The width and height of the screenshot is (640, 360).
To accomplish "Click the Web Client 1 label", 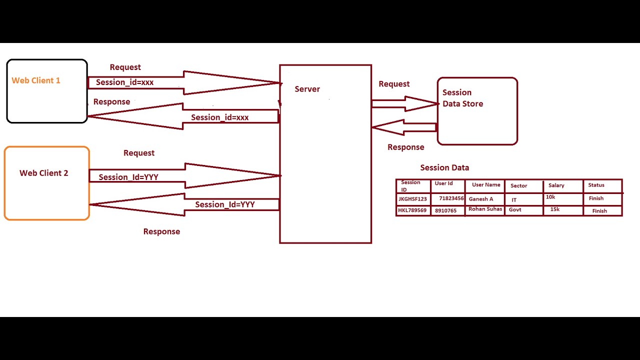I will [x=36, y=80].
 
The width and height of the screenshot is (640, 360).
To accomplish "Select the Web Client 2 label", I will [x=44, y=173].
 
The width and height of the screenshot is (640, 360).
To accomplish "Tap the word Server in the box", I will [x=307, y=89].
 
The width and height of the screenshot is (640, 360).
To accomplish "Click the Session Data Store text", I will [x=462, y=98].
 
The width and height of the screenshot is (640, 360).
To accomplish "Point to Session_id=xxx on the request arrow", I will [x=124, y=82].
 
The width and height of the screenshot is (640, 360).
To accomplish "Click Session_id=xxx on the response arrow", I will [x=219, y=117].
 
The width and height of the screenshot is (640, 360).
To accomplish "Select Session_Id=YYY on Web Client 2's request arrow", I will [x=128, y=177].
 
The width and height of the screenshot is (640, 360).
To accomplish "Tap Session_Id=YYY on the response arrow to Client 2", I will [x=225, y=204].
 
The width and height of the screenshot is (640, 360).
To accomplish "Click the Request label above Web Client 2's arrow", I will [x=139, y=153].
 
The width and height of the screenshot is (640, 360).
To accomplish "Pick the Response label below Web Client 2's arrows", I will [x=161, y=231].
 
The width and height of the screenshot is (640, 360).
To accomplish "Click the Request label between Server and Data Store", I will [x=394, y=84].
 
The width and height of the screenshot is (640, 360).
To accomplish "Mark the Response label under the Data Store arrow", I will [x=406, y=147].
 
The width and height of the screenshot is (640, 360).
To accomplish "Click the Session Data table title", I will [x=444, y=168].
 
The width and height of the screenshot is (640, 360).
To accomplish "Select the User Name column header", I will [x=486, y=185].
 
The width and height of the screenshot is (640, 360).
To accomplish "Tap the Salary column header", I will [x=556, y=185].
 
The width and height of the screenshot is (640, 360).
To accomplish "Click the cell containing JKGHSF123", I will [x=412, y=199].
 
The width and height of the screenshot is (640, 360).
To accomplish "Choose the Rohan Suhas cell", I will [x=485, y=209].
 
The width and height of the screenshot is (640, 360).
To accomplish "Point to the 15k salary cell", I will [x=555, y=209].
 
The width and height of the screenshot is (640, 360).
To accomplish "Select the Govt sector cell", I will [x=515, y=210].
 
